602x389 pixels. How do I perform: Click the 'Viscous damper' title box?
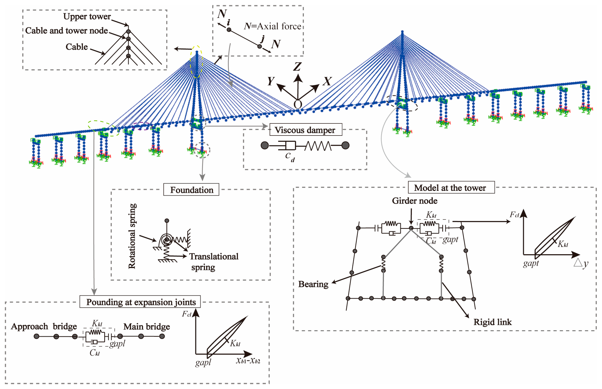(x=305, y=130)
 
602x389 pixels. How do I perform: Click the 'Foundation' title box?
(x=191, y=190)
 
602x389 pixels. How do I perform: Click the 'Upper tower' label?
(x=87, y=17)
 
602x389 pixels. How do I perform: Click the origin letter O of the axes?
(x=298, y=104)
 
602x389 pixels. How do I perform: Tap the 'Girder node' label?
(x=414, y=201)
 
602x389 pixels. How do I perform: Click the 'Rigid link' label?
(x=492, y=322)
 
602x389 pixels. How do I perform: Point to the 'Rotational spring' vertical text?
(x=132, y=236)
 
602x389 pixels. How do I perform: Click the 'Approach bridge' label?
(x=44, y=326)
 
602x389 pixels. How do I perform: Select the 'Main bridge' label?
(x=147, y=327)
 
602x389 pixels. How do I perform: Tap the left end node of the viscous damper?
(x=264, y=145)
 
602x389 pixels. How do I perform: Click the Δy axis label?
(x=581, y=263)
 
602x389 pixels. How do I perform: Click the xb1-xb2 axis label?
(x=248, y=361)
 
